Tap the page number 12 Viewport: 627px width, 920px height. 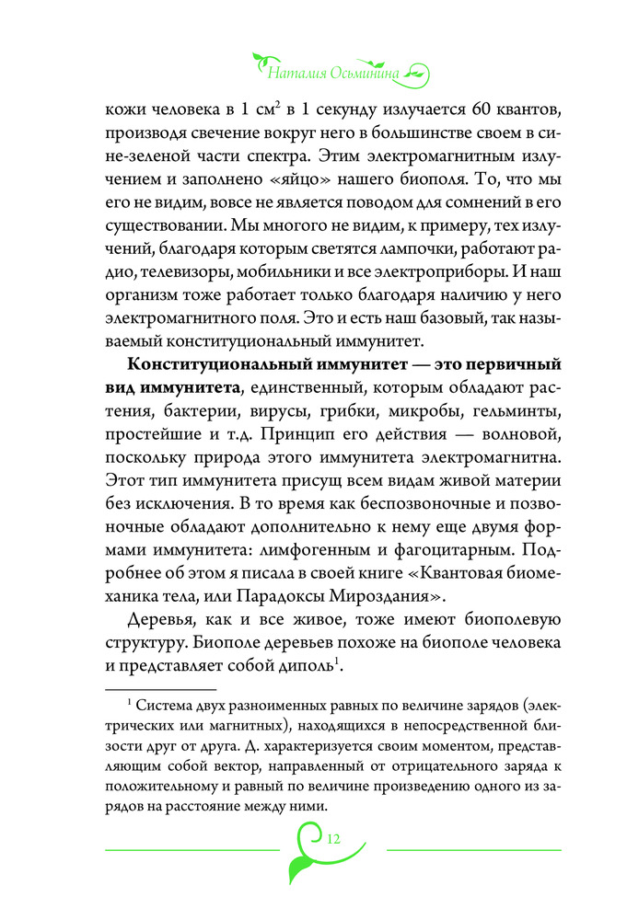pyautogui.click(x=333, y=837)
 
